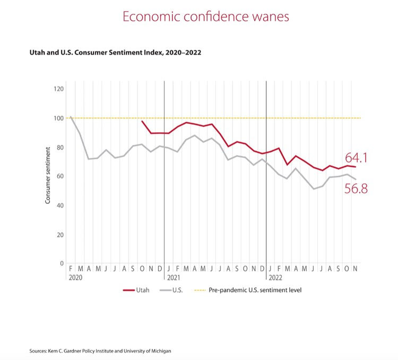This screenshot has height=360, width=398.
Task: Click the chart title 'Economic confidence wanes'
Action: (x=206, y=16)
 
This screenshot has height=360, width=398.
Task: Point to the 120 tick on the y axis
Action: (x=58, y=89)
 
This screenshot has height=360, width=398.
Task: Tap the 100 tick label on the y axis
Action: (x=58, y=118)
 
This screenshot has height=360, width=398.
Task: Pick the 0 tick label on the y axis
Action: (x=62, y=263)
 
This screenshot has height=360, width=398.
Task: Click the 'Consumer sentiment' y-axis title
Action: (x=47, y=176)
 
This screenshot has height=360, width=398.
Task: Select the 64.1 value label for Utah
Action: (x=357, y=158)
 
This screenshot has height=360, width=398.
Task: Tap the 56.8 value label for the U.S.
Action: (x=356, y=188)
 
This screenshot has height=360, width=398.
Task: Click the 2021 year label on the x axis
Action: (x=174, y=278)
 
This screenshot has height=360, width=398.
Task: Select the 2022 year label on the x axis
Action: (x=275, y=278)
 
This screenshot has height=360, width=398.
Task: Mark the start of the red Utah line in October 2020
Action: (x=142, y=121)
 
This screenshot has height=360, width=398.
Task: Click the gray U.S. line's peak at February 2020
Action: (x=71, y=117)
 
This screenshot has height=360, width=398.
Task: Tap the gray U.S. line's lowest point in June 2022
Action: (x=314, y=188)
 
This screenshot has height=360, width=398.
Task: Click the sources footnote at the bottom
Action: (x=100, y=351)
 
